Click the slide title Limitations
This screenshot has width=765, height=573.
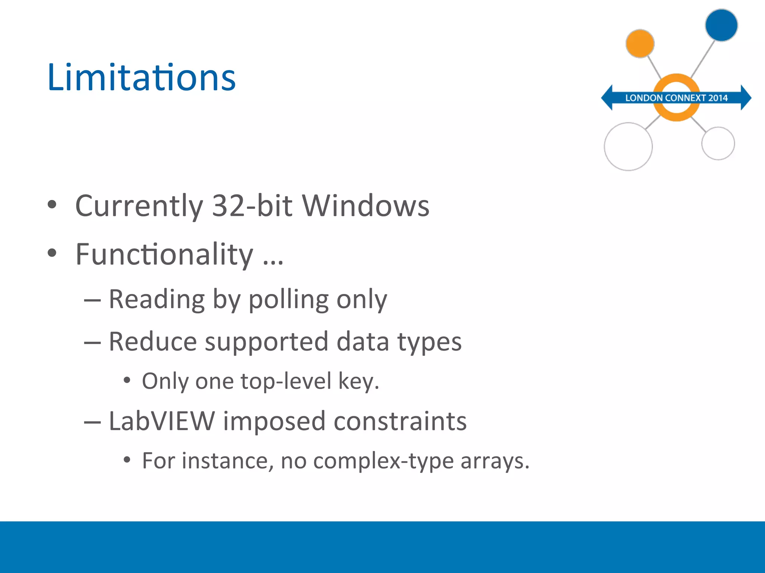pyautogui.click(x=141, y=77)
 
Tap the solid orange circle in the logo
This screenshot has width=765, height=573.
pyautogui.click(x=640, y=44)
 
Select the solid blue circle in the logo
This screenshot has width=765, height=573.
pyautogui.click(x=721, y=25)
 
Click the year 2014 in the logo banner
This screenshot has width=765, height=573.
pyautogui.click(x=718, y=98)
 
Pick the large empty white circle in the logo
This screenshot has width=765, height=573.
pyautogui.click(x=628, y=147)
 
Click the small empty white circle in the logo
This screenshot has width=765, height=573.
pyautogui.click(x=718, y=144)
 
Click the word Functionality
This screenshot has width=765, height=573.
pyautogui.click(x=164, y=254)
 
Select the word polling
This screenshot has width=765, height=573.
pyautogui.click(x=289, y=300)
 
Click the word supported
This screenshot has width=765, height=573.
pyautogui.click(x=266, y=342)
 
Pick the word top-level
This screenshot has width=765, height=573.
pyautogui.click(x=286, y=381)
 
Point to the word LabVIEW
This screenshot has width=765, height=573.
pyautogui.click(x=162, y=421)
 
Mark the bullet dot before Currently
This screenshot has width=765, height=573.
pyautogui.click(x=52, y=204)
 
